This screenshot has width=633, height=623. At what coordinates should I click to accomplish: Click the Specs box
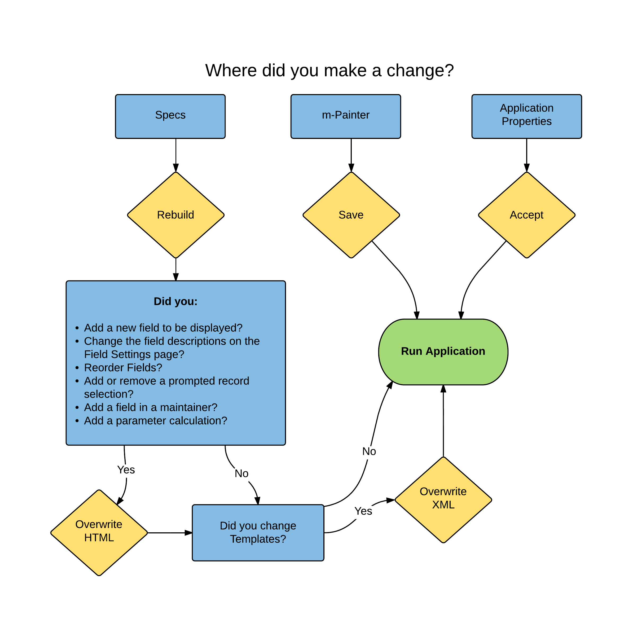(170, 116)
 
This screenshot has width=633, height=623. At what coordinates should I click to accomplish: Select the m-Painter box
(345, 116)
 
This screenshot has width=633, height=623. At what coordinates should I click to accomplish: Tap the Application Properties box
(526, 116)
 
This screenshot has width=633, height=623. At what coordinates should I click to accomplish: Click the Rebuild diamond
(176, 215)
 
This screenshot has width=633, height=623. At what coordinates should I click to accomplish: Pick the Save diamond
(351, 215)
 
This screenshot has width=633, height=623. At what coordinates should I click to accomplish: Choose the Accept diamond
(526, 215)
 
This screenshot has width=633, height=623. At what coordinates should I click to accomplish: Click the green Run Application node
(443, 352)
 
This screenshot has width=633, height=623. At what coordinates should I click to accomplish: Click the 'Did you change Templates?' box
(258, 533)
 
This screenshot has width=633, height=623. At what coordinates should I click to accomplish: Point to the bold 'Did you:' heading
(176, 301)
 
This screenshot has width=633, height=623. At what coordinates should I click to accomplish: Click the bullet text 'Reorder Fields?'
(123, 368)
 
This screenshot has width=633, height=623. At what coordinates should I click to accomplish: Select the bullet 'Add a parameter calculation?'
(155, 421)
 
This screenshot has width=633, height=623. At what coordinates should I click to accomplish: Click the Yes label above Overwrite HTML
(126, 470)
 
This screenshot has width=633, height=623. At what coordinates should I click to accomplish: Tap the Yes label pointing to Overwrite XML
(363, 511)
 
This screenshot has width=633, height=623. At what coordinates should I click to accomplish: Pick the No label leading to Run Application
(369, 451)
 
